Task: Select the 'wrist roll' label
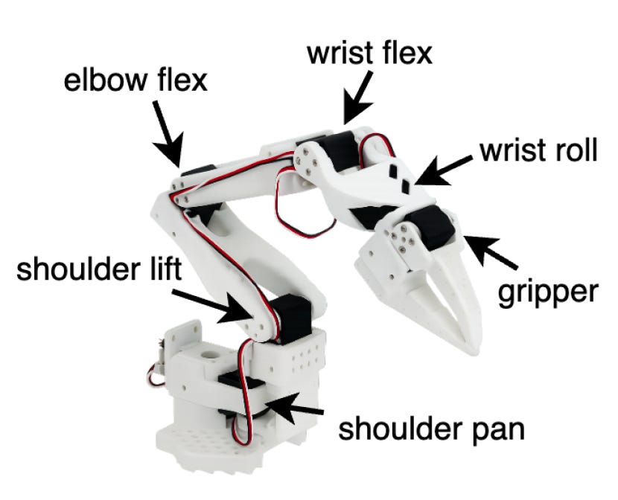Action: [x=538, y=151]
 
